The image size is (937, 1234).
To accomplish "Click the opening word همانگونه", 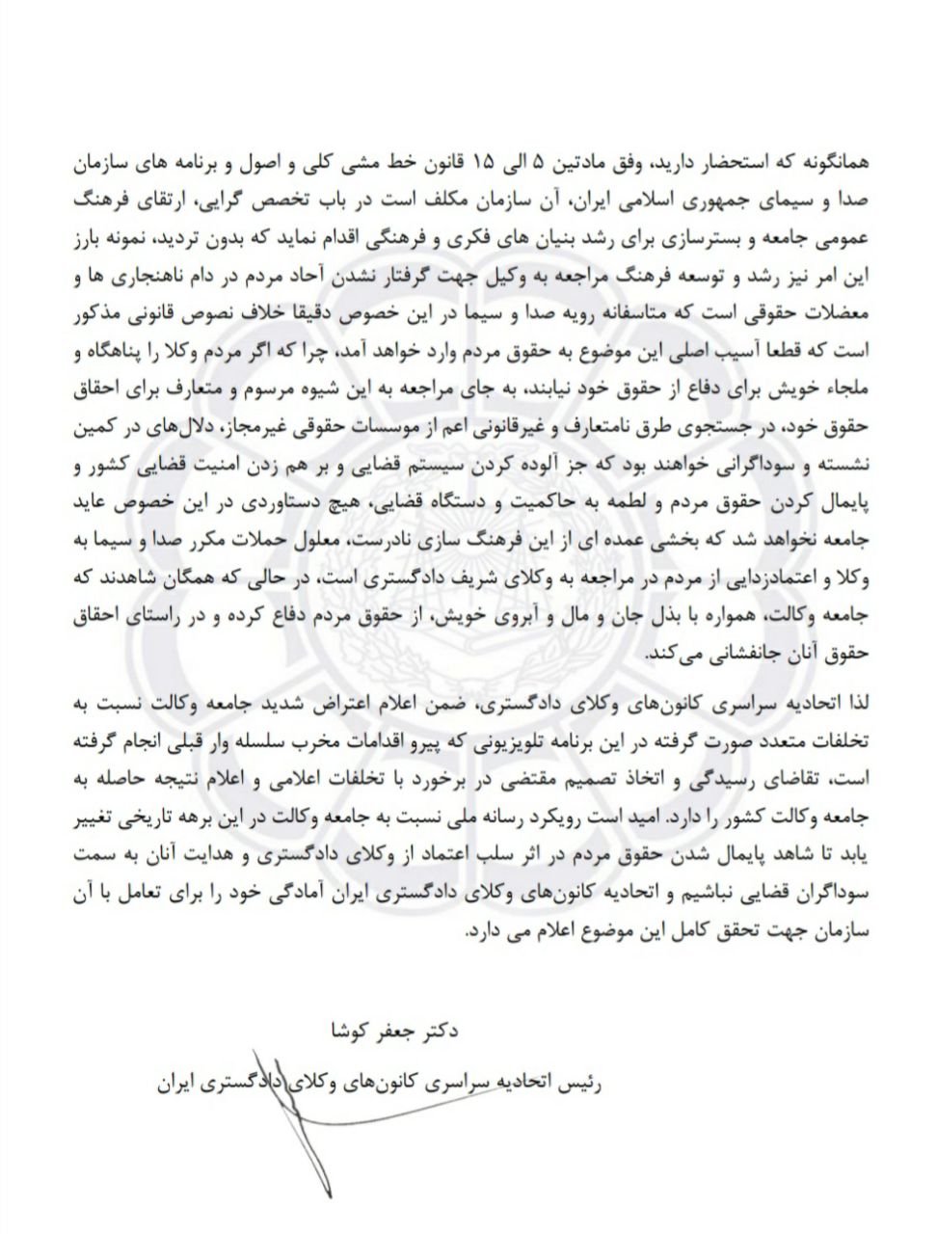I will (x=829, y=159).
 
